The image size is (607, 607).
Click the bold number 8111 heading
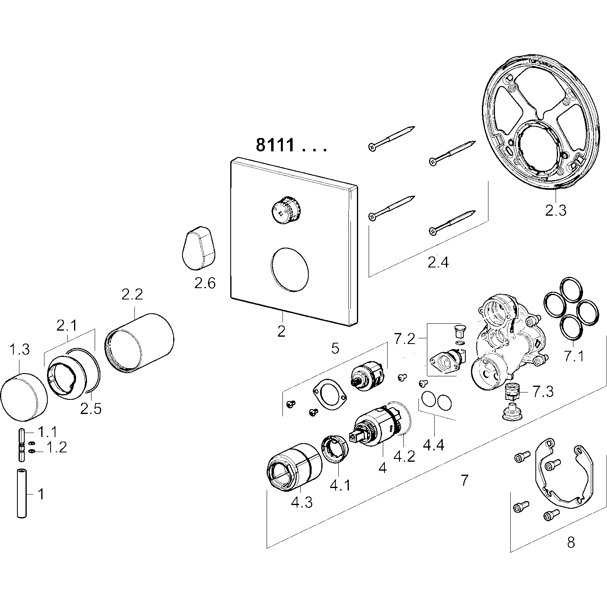tap(275, 144)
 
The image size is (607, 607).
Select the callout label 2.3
tap(556, 210)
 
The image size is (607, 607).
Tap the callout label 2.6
tap(205, 283)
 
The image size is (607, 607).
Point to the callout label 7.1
tap(574, 356)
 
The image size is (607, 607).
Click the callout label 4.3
tap(301, 503)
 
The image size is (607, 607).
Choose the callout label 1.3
tap(19, 349)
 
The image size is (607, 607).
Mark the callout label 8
tap(571, 542)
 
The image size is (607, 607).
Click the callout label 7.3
tap(543, 391)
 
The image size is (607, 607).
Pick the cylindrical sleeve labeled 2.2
tap(140, 342)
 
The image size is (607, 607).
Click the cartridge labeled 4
tap(374, 429)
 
